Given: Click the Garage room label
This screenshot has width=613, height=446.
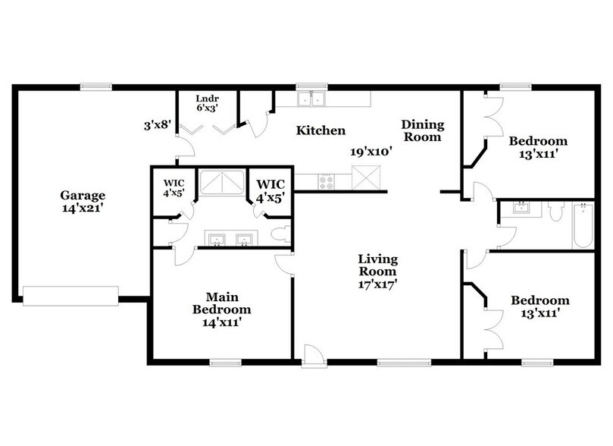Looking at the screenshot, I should click(x=83, y=201).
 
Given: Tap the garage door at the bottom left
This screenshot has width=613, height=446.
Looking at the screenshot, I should click(x=70, y=296).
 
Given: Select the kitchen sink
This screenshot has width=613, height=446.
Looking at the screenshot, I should click(x=310, y=99).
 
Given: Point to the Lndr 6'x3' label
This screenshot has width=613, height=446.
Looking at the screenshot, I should click(x=208, y=103).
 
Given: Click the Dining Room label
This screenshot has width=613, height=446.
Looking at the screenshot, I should click(x=422, y=130).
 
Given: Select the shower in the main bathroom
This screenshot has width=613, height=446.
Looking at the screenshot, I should click(x=223, y=184).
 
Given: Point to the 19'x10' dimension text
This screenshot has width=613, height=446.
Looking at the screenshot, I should click(x=370, y=152).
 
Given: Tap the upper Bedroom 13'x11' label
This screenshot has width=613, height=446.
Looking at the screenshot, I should click(x=538, y=147).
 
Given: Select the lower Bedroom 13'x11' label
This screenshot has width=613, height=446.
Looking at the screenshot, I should click(x=540, y=306).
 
